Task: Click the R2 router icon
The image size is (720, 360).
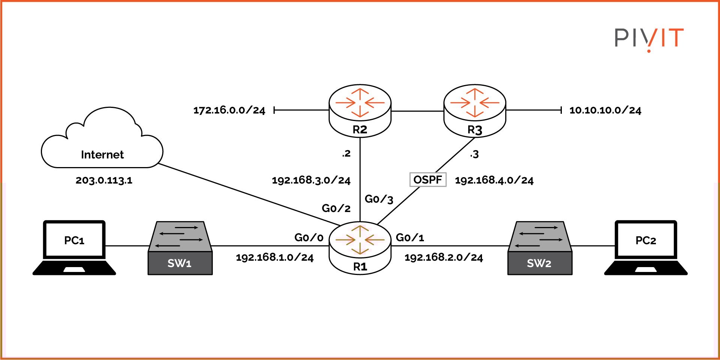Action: point(360,110)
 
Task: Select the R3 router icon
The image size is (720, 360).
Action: point(475,110)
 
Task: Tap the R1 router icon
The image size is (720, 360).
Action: point(360,247)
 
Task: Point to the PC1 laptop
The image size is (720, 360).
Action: point(74,247)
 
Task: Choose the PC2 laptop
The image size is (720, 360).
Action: point(646,247)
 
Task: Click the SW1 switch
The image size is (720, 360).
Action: point(180,248)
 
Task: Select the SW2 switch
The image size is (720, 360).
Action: point(540,248)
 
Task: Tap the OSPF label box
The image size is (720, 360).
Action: point(428,179)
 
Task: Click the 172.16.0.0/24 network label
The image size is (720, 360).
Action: point(229,110)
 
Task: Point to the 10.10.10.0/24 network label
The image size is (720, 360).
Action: point(605,110)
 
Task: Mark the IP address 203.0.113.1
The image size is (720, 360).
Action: point(104,180)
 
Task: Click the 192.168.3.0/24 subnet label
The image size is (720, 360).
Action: point(311,180)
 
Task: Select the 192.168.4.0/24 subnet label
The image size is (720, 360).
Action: point(494,180)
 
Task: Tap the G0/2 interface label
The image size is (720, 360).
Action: point(336,208)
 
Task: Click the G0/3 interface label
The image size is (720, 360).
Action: point(379,199)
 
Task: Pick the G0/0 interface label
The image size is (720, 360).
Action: point(308,238)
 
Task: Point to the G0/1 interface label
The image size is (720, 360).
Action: point(410,238)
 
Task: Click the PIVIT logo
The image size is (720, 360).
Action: point(649,39)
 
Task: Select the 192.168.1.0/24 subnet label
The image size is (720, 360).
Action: point(274,257)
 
